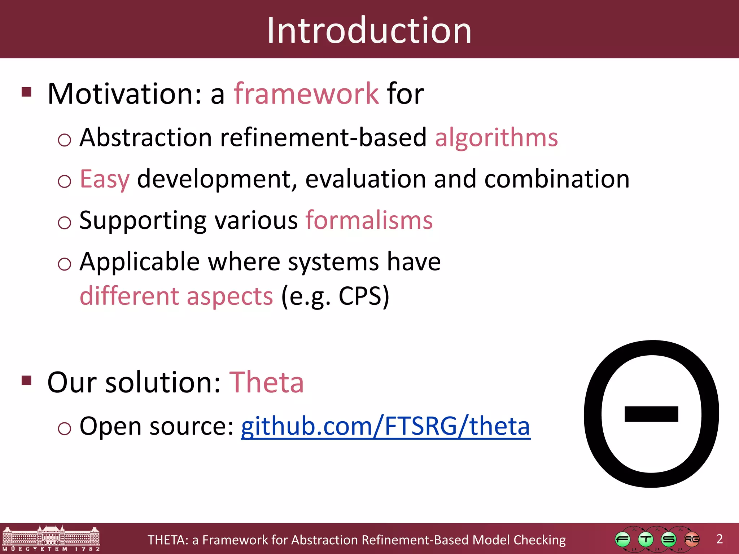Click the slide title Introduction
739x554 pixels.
[369, 31]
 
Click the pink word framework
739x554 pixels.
[306, 94]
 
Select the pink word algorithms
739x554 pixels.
[496, 138]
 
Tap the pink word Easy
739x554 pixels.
[104, 179]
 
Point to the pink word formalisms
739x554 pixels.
[369, 220]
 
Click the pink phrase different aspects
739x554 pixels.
[176, 296]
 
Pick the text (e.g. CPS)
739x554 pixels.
[335, 296]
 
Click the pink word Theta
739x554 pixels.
[266, 382]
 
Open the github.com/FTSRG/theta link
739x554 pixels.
[385, 426]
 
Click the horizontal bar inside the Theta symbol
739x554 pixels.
[651, 414]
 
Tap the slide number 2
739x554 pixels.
[720, 539]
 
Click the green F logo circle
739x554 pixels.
[622, 540]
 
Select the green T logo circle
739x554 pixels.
[646, 540]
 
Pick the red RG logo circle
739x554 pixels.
[692, 540]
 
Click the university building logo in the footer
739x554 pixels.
[51, 538]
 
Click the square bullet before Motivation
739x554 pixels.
[27, 92]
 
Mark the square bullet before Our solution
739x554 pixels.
[27, 381]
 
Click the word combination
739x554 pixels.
[557, 179]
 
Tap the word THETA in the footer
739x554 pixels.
[167, 540]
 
